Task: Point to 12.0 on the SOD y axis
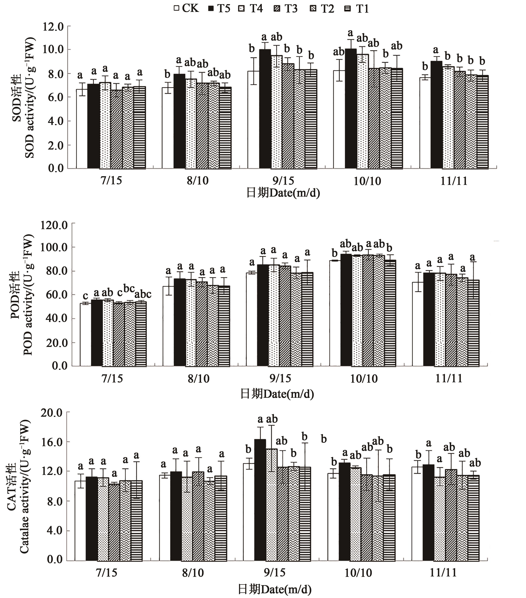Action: [x=53, y=27]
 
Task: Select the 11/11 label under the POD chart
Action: [x=449, y=378]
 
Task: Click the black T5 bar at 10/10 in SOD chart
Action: [x=351, y=108]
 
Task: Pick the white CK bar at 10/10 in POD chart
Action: [x=335, y=313]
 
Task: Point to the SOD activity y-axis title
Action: [x=29, y=98]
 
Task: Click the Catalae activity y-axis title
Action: [x=25, y=486]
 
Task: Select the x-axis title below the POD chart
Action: [x=277, y=394]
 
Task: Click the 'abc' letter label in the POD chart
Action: [x=143, y=294]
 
